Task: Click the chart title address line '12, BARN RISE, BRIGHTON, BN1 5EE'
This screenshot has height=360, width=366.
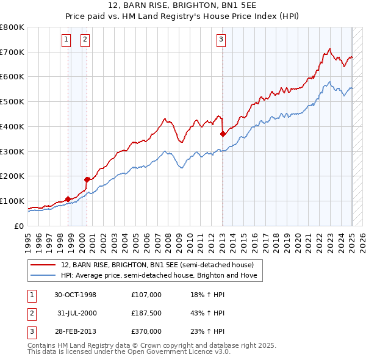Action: [x=183, y=6]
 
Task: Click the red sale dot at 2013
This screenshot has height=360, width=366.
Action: [x=223, y=133]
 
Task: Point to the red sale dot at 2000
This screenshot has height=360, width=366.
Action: [x=87, y=179]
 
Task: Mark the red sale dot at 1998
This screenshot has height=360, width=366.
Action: [x=68, y=198]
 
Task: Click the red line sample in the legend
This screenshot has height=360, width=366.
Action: [x=44, y=265]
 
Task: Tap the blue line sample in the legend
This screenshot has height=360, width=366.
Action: [x=44, y=275]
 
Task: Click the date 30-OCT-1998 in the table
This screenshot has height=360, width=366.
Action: [x=75, y=295]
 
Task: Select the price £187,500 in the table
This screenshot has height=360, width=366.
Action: [x=146, y=313]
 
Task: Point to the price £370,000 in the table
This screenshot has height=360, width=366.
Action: [x=146, y=331]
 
